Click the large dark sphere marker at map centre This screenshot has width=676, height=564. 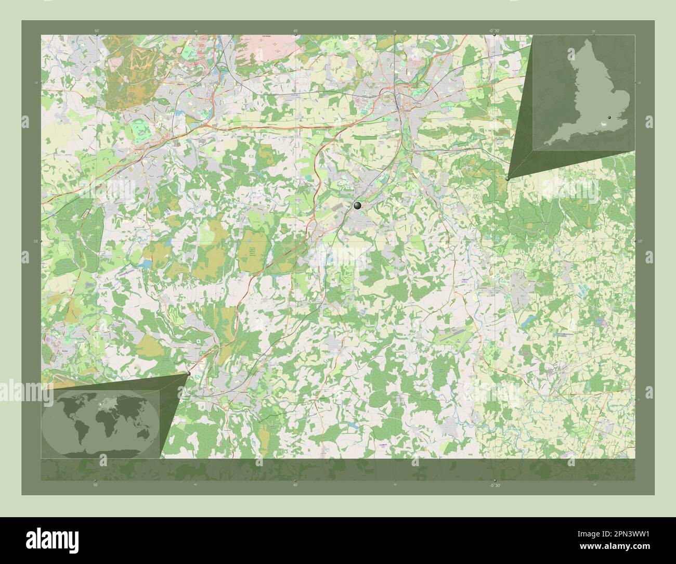[x=357, y=206]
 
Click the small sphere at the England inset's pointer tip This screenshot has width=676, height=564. [x=508, y=178]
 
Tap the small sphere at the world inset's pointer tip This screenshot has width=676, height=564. [x=188, y=374]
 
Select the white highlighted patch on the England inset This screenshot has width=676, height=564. [x=604, y=123]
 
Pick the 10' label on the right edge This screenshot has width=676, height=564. [x=640, y=241]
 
